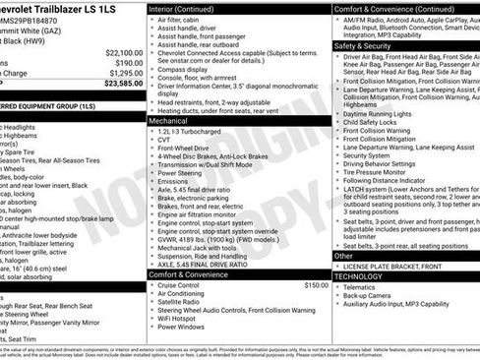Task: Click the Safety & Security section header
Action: click(362, 45)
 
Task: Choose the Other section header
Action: click(343, 256)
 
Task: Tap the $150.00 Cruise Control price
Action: click(316, 284)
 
